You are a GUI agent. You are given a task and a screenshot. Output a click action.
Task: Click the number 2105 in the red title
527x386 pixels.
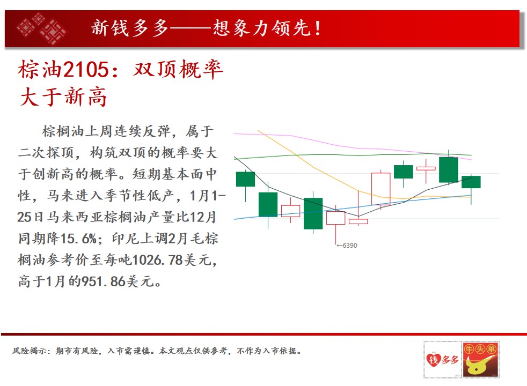pos(86,70)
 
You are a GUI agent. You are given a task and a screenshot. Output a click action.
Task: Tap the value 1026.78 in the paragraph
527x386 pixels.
pos(157,260)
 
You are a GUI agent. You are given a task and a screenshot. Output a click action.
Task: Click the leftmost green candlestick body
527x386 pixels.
pos(245,179)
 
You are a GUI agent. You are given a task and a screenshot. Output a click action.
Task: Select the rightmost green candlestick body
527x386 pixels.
pos(471,182)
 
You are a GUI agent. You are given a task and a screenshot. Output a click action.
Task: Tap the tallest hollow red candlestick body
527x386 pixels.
pos(381,189)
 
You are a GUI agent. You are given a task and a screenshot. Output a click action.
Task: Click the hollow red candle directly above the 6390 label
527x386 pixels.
pos(335,218)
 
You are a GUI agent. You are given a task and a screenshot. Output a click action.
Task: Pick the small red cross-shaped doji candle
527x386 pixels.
pos(426,168)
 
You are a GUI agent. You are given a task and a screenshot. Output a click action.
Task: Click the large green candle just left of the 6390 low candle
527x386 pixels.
pos(313,213)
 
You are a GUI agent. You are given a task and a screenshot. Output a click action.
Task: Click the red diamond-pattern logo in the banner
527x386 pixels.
pos(42,29)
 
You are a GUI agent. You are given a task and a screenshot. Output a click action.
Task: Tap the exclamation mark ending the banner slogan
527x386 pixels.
pos(318,28)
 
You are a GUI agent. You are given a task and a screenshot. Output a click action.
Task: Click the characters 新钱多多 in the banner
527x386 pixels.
pos(130,28)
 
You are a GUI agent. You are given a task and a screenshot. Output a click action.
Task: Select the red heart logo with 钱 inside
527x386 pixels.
pos(433,360)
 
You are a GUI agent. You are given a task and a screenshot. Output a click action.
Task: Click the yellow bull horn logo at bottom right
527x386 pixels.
pos(479,365)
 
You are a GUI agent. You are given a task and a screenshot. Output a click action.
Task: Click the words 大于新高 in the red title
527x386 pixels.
pos(63,98)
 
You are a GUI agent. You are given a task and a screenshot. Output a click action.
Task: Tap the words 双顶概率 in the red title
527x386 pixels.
pos(178,70)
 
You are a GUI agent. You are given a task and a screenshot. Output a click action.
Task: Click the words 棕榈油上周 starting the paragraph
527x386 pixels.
pos(77,131)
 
